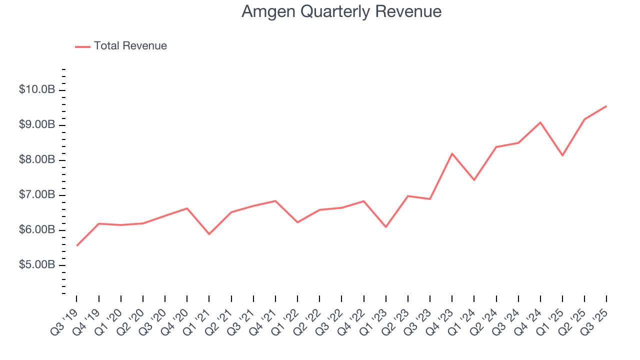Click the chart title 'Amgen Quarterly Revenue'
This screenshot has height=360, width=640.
341,11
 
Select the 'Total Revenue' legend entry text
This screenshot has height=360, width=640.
130,46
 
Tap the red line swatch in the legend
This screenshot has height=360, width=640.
82,46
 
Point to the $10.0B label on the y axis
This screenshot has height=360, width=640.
37,89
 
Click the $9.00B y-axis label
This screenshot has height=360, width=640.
37,124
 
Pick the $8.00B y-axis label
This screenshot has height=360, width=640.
37,159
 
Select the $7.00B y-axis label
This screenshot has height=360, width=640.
37,194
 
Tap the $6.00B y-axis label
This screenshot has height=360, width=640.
37,229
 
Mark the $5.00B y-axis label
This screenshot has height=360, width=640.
37,264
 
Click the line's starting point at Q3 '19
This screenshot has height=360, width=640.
76,245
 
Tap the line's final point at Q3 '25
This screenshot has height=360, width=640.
606,106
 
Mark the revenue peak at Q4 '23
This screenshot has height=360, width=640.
452,153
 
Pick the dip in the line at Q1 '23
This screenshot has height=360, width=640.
386,227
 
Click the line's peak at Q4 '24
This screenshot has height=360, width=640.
540,122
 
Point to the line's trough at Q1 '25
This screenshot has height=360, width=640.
562,155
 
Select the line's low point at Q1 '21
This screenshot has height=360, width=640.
209,234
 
